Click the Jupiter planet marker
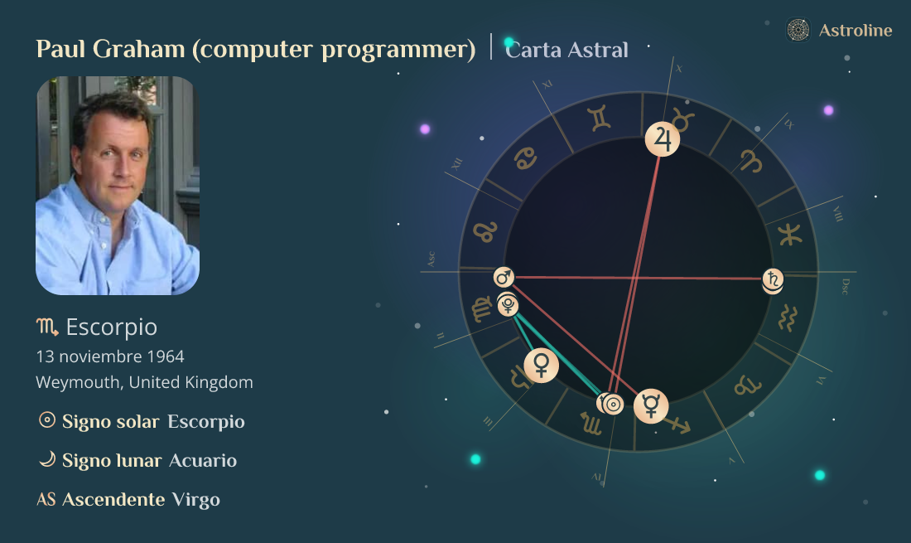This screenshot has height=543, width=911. pos(663,138)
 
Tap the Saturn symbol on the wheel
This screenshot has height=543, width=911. pos(773,280)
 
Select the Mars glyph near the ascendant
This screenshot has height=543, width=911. pos(504,277)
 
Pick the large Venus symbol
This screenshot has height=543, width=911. pos(541,364)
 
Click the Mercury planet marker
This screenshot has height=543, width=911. pos(651,405)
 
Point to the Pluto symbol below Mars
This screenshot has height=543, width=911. pos(508,307)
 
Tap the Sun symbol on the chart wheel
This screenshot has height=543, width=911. pos(613,405)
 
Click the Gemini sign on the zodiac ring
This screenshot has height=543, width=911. pos(600,119)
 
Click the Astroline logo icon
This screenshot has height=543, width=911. pos(798,31)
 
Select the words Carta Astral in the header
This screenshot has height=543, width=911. pos(567,50)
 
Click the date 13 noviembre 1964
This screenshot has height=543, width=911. pos(110,356)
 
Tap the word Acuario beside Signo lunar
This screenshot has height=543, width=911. pos(203,460)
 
